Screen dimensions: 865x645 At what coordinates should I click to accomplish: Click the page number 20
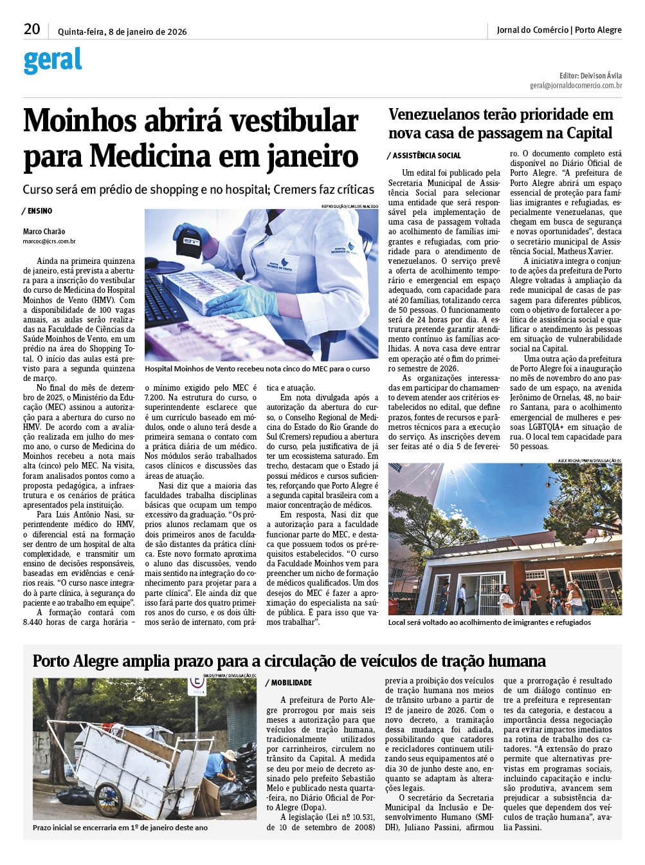point(32,29)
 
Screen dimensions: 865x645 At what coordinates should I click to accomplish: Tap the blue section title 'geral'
point(53,60)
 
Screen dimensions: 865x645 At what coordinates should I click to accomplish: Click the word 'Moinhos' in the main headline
point(80,121)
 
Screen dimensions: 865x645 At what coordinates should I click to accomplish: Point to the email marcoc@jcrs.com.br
point(50,241)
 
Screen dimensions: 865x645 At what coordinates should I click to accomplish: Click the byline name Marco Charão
point(44,232)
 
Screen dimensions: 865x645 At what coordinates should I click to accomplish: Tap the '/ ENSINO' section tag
point(37,211)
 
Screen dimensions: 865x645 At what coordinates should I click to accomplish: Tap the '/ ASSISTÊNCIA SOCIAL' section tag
point(424,156)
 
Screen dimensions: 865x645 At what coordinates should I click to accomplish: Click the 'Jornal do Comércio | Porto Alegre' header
point(559,30)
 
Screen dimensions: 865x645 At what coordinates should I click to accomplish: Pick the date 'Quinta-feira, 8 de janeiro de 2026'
point(122,32)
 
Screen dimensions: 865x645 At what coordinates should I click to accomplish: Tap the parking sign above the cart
point(196,685)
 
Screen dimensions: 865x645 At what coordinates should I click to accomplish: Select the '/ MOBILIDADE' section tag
point(289,683)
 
